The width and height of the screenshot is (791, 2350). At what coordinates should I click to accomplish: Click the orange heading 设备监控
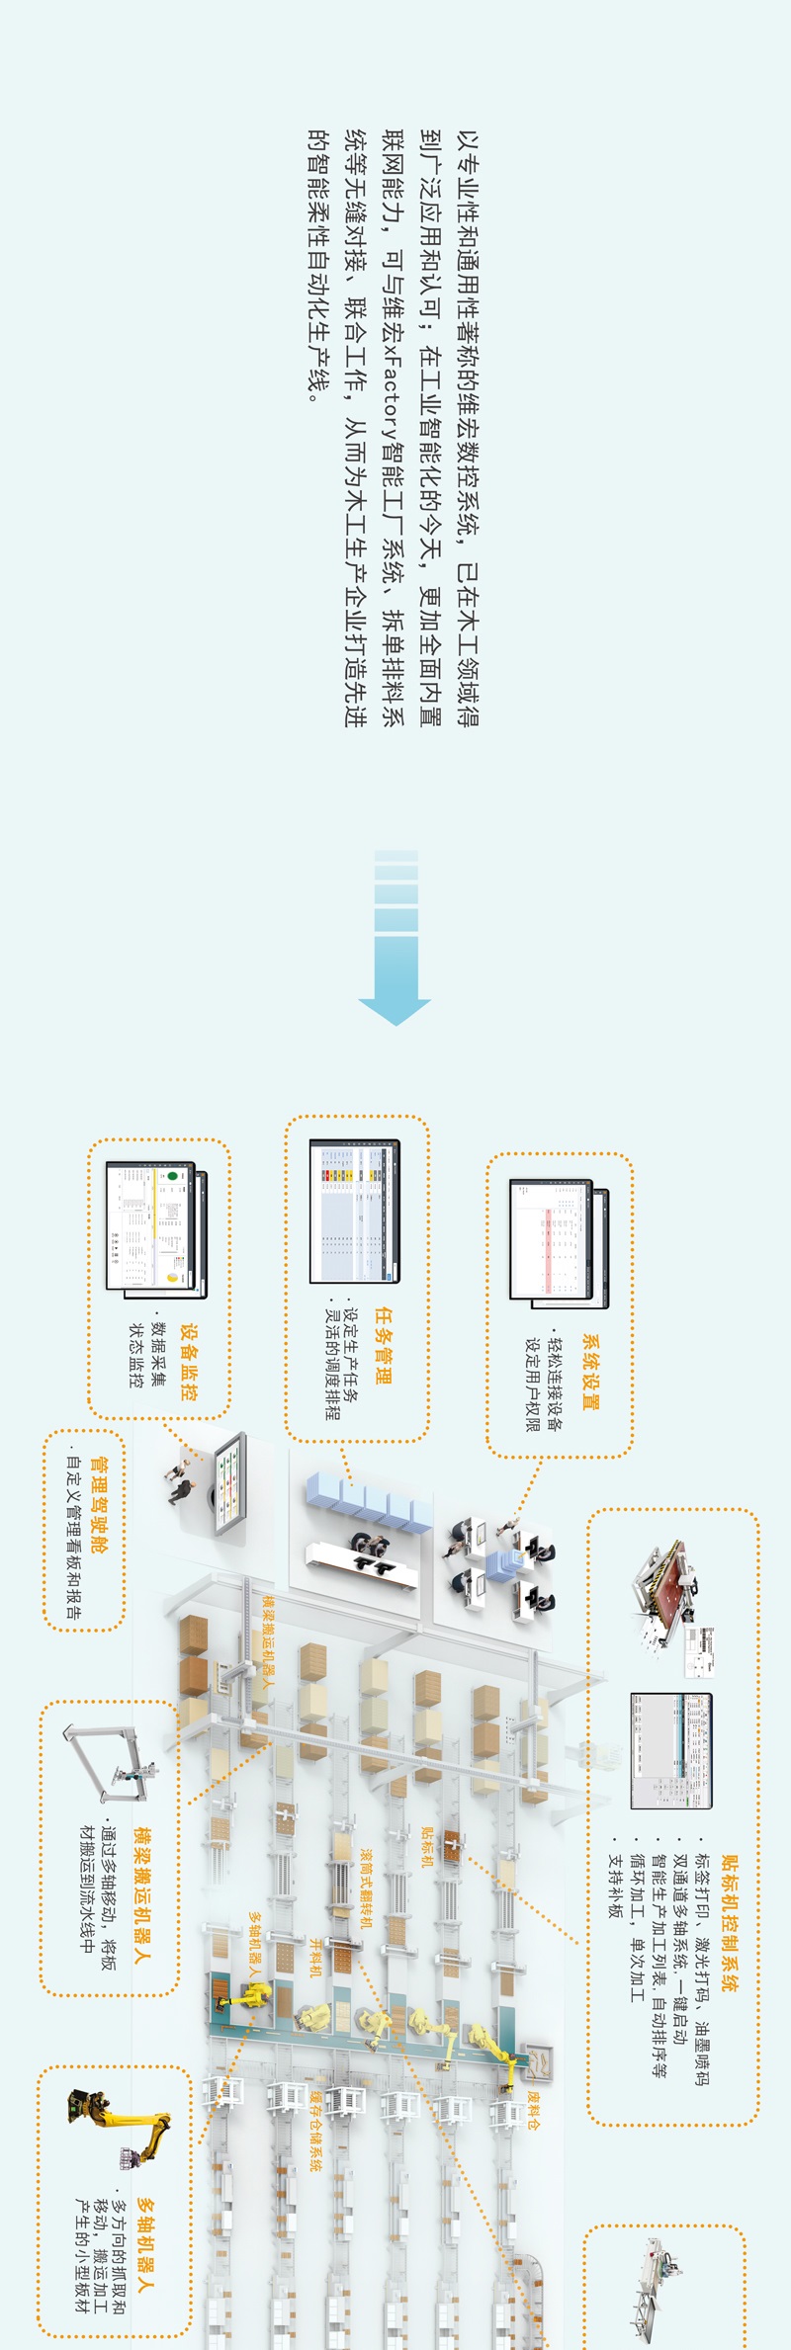point(188,1363)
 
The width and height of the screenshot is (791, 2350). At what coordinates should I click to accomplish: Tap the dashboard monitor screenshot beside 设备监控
point(155,1230)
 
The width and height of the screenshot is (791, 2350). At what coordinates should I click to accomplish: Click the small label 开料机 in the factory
point(316,1957)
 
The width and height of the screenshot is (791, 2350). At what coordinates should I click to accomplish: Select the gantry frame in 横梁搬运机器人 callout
point(109,1764)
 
